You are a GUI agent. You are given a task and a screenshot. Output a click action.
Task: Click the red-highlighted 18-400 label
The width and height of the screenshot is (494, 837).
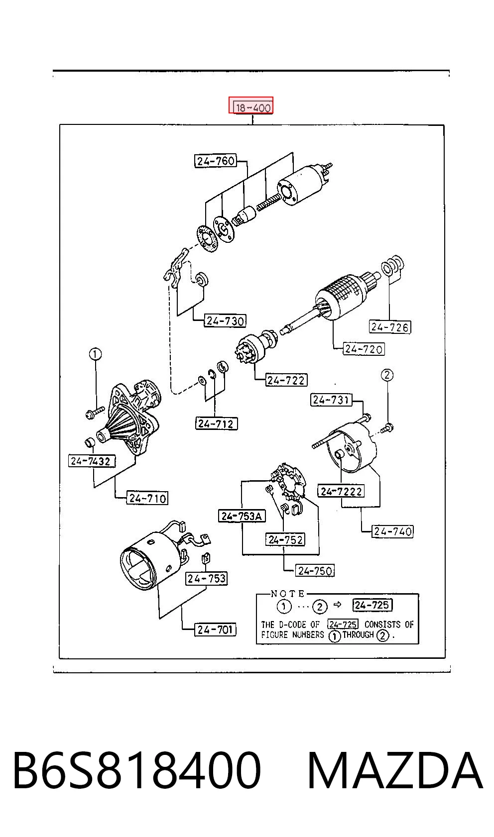click(x=251, y=105)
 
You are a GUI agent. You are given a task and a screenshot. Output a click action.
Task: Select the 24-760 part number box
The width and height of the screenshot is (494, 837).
click(x=216, y=161)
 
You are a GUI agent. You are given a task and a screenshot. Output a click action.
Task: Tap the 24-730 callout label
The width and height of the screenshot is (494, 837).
click(x=225, y=320)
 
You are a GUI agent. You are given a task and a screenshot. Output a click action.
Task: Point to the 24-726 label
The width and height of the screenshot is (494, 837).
click(x=389, y=327)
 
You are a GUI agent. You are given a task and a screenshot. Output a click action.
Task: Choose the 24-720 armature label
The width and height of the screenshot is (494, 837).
click(x=364, y=349)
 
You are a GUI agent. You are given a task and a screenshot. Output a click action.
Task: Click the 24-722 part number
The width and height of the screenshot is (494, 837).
click(x=286, y=380)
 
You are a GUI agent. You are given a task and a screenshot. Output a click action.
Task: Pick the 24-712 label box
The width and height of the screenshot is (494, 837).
click(x=216, y=424)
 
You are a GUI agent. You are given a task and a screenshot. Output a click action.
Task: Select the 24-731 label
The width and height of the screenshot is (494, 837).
click(x=331, y=400)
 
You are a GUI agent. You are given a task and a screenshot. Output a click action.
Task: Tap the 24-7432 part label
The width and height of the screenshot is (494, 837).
click(x=91, y=461)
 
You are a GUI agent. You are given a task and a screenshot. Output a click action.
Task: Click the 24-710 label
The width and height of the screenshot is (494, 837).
click(x=147, y=498)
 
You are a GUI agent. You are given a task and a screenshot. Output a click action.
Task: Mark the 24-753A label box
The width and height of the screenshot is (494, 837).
click(x=242, y=516)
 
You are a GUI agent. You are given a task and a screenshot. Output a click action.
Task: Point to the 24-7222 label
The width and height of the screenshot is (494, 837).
click(x=341, y=491)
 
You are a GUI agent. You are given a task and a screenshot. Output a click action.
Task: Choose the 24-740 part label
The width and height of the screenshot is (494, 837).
click(x=392, y=531)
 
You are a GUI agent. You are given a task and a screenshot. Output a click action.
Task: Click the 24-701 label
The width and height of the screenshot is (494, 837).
click(x=215, y=629)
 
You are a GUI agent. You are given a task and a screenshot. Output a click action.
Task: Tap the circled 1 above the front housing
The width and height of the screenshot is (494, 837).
click(x=95, y=353)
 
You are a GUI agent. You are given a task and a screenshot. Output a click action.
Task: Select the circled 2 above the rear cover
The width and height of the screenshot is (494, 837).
click(x=387, y=375)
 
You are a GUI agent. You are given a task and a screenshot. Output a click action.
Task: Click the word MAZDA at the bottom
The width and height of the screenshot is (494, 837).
click(x=395, y=771)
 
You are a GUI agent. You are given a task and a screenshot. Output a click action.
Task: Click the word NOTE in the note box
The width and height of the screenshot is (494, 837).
click(x=287, y=593)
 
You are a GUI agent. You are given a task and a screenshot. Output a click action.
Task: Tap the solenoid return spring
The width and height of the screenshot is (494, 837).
click(x=268, y=202)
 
